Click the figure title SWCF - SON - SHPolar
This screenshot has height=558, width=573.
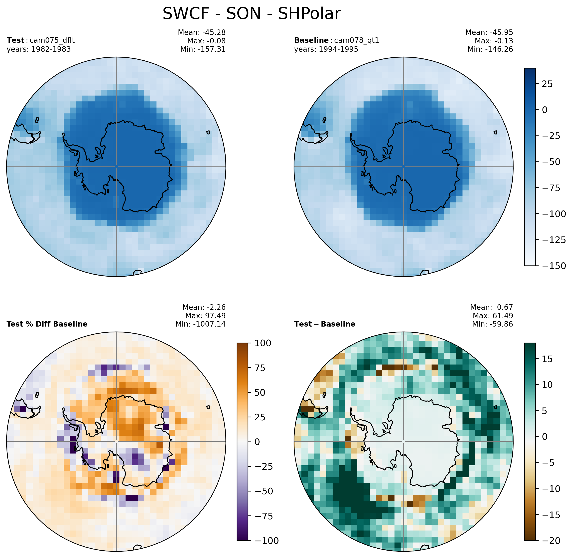pyautogui.click(x=252, y=14)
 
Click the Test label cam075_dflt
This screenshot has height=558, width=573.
pyautogui.click(x=41, y=40)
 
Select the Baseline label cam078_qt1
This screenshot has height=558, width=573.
pyautogui.click(x=337, y=40)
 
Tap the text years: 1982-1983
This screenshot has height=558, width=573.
pyautogui.click(x=39, y=49)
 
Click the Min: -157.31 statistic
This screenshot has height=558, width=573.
pyautogui.click(x=203, y=49)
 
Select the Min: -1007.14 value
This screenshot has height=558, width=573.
pyautogui.click(x=201, y=324)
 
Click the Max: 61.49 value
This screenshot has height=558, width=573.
pyautogui.click(x=493, y=316)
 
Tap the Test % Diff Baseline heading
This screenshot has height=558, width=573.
pyautogui.click(x=47, y=324)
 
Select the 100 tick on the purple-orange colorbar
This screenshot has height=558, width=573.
pyautogui.click(x=263, y=343)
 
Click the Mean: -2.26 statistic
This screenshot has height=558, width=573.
pyautogui.click(x=204, y=307)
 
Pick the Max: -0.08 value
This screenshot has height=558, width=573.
pyautogui.click(x=206, y=41)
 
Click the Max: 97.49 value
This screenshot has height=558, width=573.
pyautogui.click(x=205, y=316)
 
